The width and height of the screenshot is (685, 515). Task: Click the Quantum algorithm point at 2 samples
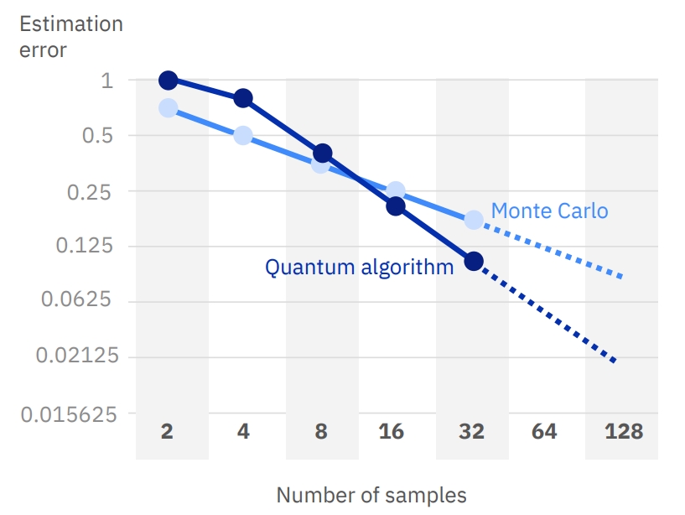click(168, 81)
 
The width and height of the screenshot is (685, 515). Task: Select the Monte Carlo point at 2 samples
click(168, 108)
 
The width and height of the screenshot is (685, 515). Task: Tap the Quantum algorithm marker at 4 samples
click(243, 98)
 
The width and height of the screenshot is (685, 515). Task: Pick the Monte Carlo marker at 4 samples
click(243, 135)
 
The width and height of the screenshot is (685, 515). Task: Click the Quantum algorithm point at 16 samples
click(396, 206)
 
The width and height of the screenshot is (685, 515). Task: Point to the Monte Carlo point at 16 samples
click(396, 191)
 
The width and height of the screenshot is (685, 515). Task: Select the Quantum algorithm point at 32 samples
click(474, 261)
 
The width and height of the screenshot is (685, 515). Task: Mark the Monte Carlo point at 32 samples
click(474, 220)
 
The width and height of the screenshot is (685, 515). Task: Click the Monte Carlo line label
click(549, 211)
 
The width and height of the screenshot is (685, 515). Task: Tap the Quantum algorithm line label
click(360, 268)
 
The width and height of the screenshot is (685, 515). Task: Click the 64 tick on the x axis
click(544, 432)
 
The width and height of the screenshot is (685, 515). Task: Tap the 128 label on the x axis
click(623, 432)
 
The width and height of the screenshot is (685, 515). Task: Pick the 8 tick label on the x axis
click(321, 432)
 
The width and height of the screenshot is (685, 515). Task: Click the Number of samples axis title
click(371, 494)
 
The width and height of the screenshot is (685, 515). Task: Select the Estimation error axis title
click(70, 36)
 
